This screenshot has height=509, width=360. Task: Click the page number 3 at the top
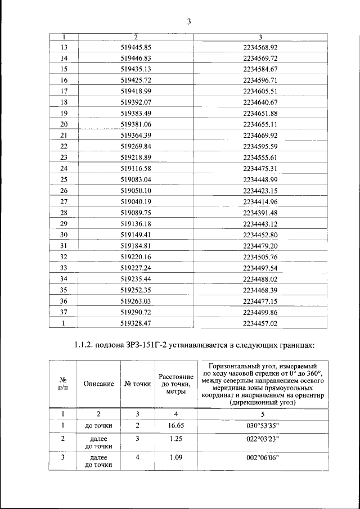coord(190,22)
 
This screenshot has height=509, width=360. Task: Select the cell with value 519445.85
coord(137,47)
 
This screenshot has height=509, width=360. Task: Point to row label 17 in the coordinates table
coord(64,91)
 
